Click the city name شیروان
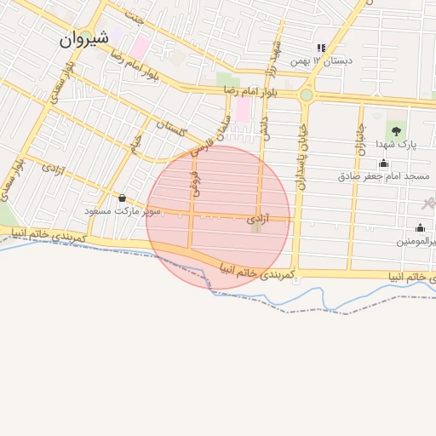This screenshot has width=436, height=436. tap(85, 39)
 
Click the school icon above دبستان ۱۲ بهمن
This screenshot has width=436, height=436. tap(321, 49)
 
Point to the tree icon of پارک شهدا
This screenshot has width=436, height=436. tap(395, 129)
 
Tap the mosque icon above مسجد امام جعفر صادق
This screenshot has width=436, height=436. tap(384, 163)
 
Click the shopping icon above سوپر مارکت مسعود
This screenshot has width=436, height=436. tap(123, 198)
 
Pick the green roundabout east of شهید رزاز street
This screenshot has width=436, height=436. tap(306, 95)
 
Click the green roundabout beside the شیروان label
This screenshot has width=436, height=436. tap(86, 36)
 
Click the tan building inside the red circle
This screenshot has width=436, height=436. tap(255, 227)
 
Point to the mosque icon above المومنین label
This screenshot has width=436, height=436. tap(420, 227)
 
